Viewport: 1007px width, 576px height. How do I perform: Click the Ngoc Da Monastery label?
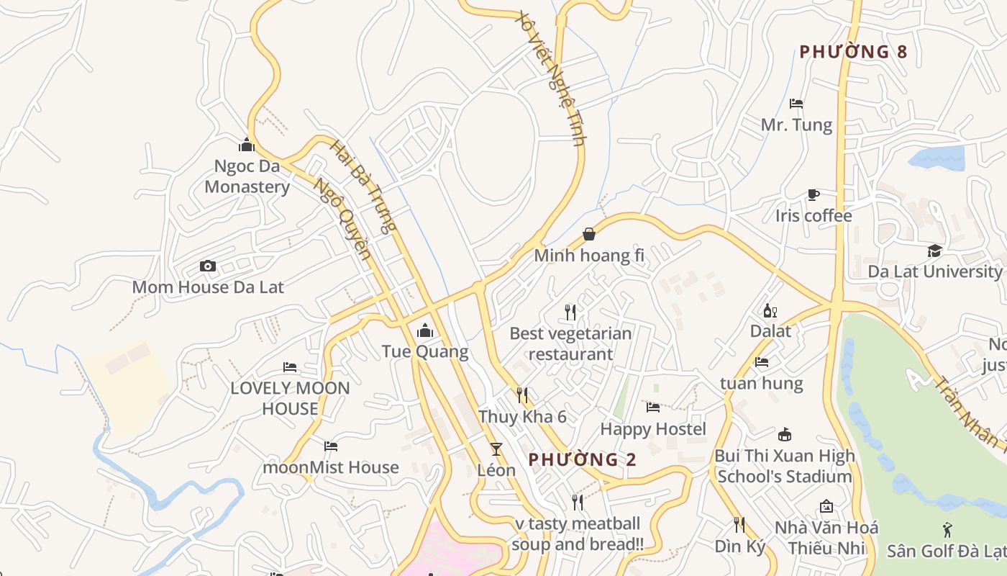[x=247, y=176]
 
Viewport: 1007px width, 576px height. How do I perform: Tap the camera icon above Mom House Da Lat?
[x=208, y=266]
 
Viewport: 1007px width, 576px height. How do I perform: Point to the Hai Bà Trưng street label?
[x=363, y=186]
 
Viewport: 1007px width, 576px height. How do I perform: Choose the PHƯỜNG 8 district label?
[x=853, y=52]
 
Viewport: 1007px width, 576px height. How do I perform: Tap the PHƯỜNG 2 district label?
[x=583, y=459]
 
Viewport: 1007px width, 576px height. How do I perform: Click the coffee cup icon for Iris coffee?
[x=813, y=194]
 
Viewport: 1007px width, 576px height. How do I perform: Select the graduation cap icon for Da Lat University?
[x=934, y=251]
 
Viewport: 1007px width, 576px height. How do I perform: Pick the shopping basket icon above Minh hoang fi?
[x=589, y=234]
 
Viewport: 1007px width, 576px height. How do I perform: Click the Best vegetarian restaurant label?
[x=570, y=343]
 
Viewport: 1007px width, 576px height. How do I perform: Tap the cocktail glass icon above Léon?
[x=496, y=449]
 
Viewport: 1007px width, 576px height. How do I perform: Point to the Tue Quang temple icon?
[x=425, y=331]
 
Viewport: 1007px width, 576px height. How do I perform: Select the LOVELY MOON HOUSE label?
[x=290, y=398]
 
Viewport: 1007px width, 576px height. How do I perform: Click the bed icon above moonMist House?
[x=331, y=446]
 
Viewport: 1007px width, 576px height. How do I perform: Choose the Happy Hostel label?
[x=653, y=429]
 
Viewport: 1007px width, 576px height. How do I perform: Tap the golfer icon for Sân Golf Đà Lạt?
[x=948, y=530]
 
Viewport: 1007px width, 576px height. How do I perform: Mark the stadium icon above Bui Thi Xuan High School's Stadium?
[x=785, y=435]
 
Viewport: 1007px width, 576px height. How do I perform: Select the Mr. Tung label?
[x=796, y=125]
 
